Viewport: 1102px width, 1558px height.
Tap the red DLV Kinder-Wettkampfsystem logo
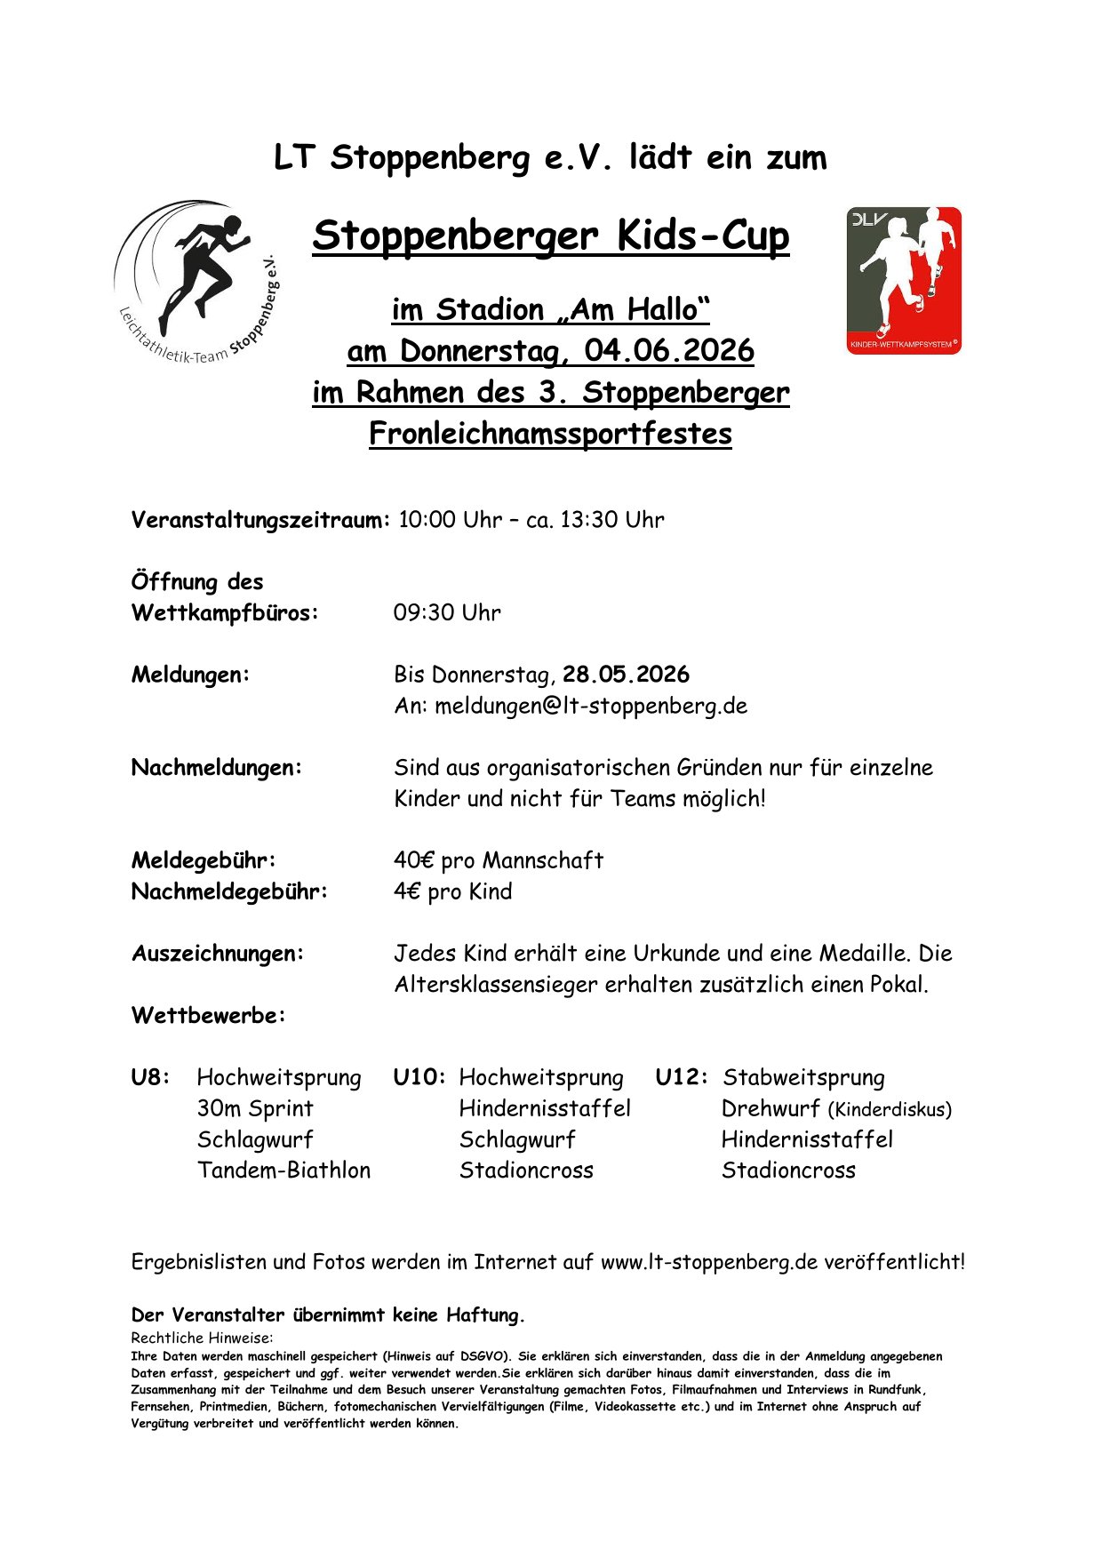point(903,281)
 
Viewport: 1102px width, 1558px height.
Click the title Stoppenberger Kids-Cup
point(550,236)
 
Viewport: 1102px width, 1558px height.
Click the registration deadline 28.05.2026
point(626,675)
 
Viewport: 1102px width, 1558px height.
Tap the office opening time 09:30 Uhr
point(447,612)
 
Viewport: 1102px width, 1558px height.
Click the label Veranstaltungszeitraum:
point(260,520)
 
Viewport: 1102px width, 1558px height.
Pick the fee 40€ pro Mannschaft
point(499,860)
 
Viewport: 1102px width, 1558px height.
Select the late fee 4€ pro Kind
point(452,891)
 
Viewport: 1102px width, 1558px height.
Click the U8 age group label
point(150,1078)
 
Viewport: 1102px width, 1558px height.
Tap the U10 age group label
point(419,1078)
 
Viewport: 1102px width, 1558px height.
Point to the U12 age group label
point(682,1078)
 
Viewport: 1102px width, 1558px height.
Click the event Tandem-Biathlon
point(283,1170)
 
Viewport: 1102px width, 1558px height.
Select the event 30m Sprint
point(255,1109)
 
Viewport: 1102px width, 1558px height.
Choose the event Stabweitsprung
point(803,1078)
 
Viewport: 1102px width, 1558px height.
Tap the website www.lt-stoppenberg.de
point(708,1262)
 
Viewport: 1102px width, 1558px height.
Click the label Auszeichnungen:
point(218,954)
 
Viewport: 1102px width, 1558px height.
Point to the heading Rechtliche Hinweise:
point(202,1338)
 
